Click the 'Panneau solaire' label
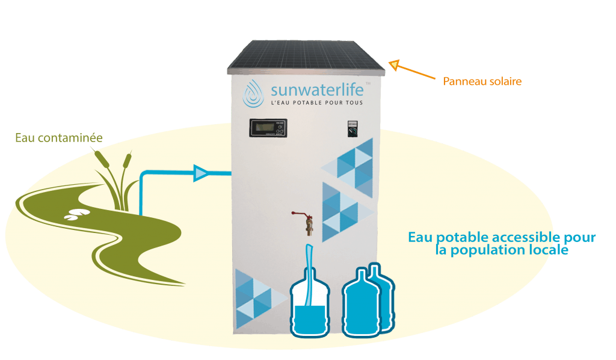482,81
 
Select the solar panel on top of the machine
305,56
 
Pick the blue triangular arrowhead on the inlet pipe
201,174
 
